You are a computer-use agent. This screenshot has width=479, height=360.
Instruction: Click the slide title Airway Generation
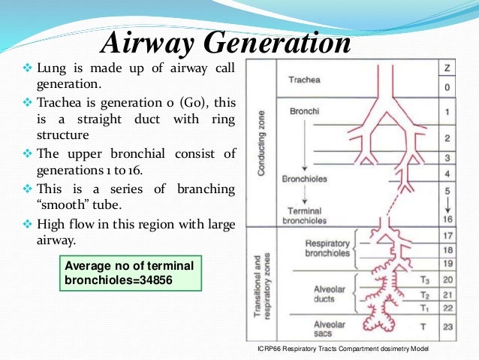click(227, 42)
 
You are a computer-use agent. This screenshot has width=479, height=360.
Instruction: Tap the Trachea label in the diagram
click(306, 79)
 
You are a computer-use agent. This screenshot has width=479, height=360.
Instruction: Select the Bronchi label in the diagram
click(304, 111)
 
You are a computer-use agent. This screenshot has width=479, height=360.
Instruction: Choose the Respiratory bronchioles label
click(327, 249)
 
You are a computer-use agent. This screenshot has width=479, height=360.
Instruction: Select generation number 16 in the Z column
click(447, 219)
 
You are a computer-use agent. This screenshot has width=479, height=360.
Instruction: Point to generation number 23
click(447, 327)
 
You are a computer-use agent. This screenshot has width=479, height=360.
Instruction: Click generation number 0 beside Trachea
click(447, 86)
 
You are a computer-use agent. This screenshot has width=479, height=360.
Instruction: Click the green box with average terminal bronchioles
click(129, 272)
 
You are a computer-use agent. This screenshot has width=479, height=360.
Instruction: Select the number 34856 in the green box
click(173, 280)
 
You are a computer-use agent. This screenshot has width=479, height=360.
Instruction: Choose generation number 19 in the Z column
click(447, 264)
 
